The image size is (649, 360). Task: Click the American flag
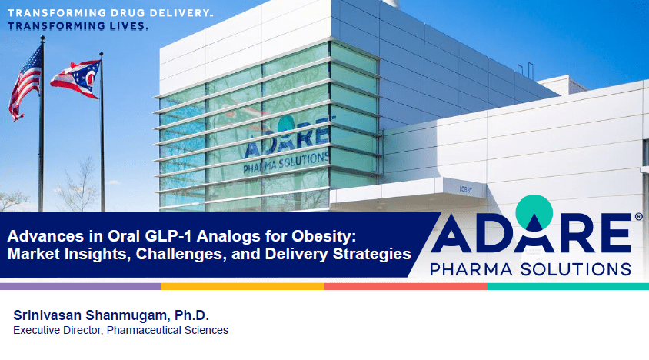[25, 83]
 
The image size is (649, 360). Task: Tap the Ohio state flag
[75, 78]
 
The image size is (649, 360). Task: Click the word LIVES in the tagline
[128, 26]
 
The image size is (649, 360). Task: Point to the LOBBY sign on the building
[466, 189]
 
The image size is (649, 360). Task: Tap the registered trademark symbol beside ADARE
[639, 216]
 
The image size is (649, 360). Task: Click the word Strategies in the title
[371, 254]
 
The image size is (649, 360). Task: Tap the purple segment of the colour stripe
[81, 286]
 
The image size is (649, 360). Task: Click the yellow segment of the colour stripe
[242, 286]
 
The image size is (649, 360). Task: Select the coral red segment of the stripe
[406, 286]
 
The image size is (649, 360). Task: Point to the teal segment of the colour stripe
[567, 286]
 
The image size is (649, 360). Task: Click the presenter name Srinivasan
[47, 315]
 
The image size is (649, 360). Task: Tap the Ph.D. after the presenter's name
[191, 315]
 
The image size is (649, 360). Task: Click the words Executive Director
[58, 330]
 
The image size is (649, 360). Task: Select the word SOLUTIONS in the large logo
[576, 269]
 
